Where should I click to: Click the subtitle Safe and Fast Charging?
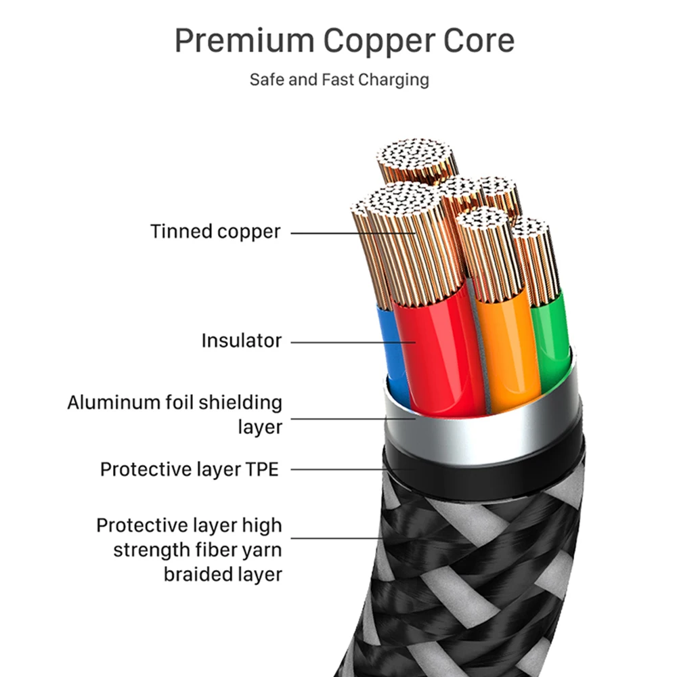[x=339, y=79]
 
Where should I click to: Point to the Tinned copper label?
[x=215, y=232]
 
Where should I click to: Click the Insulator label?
[x=241, y=341]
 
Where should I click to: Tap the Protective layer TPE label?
[x=190, y=469]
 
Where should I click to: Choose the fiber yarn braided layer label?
[x=189, y=550]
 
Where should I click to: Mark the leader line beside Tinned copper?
[x=352, y=232]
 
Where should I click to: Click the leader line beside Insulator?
[x=352, y=342]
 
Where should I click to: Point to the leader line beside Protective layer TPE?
[x=352, y=468]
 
